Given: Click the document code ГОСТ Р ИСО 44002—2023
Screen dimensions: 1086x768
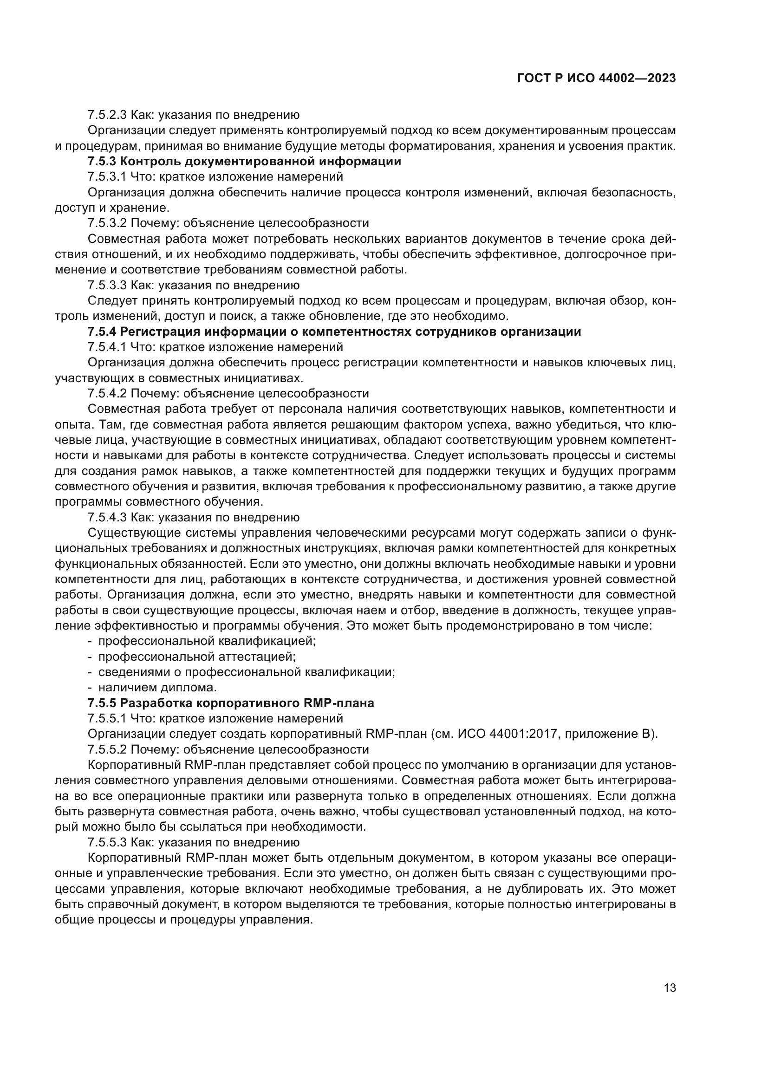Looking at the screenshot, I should tap(596, 78).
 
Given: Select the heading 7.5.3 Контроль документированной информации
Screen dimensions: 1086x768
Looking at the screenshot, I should tap(244, 161).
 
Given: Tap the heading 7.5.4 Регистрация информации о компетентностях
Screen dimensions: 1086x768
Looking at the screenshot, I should tap(334, 332).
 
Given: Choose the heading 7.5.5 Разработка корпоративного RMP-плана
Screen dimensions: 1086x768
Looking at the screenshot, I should tap(231, 703).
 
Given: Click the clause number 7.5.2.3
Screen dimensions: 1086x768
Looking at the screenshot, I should tap(107, 115).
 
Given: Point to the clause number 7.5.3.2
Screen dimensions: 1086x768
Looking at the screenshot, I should tap(107, 223).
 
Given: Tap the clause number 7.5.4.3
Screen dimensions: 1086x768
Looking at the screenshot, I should tap(107, 517).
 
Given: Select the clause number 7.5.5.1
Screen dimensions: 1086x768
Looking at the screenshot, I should tap(107, 719).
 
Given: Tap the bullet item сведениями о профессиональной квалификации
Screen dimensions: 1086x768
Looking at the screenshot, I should tap(247, 672).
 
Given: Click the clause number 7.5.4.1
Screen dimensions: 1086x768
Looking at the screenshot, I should tap(107, 347).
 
